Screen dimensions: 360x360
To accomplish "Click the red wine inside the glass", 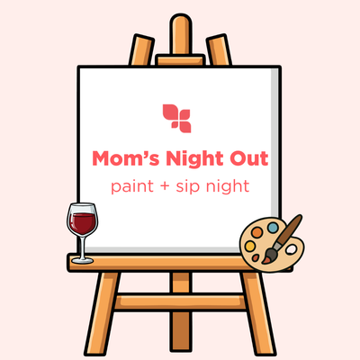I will coord(83,221).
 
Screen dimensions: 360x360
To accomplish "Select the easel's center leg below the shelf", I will coord(179,315).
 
